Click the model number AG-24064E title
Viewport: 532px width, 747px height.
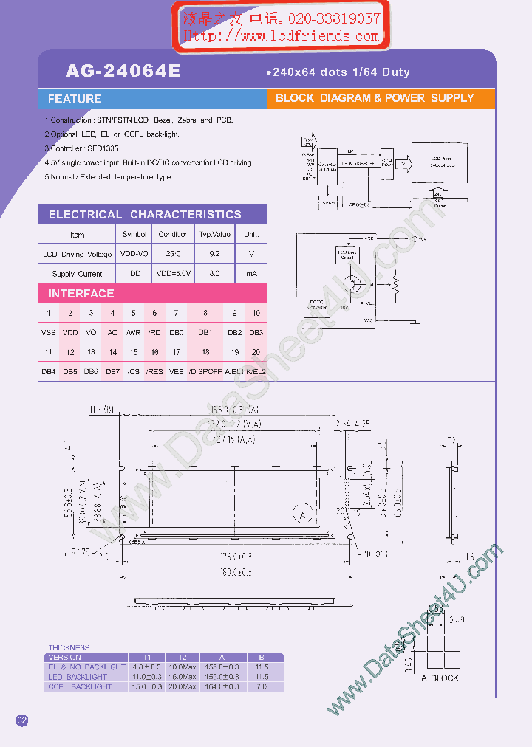(x=123, y=72)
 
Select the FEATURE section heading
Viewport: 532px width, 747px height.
(x=75, y=99)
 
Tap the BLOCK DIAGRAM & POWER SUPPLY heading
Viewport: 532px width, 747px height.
(x=375, y=98)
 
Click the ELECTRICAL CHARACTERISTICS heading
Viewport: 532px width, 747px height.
(x=145, y=215)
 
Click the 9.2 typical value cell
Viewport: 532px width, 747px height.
(x=215, y=254)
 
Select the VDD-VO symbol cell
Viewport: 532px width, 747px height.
(x=134, y=254)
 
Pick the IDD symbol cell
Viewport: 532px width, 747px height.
(x=134, y=274)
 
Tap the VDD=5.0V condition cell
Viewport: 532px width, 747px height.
(x=174, y=274)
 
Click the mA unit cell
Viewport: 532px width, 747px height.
(x=251, y=274)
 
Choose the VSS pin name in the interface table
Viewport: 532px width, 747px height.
(x=49, y=333)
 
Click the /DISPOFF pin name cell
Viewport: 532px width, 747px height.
(x=205, y=372)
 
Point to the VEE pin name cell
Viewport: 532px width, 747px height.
(x=176, y=372)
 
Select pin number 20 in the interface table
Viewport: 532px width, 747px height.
(x=256, y=353)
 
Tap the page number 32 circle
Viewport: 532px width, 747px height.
(x=22, y=720)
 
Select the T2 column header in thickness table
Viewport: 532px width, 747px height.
(x=182, y=657)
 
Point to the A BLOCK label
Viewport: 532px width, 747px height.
(x=440, y=678)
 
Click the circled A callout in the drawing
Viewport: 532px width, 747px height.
(x=301, y=514)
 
